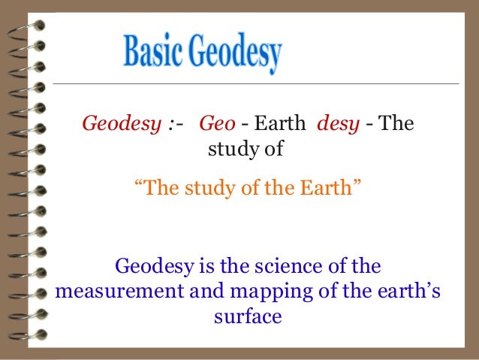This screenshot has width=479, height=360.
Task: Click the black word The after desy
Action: [x=398, y=123]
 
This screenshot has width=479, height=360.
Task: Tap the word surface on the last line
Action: [x=248, y=316]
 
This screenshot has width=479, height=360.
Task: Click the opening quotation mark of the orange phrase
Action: [x=137, y=184]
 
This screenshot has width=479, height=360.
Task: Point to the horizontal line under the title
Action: [x=255, y=83]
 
